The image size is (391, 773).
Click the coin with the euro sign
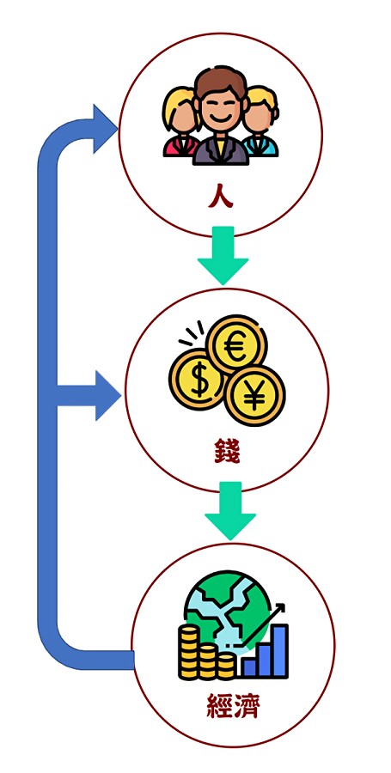(236, 344)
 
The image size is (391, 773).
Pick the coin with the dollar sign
(198, 380)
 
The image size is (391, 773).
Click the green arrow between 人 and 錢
(223, 255)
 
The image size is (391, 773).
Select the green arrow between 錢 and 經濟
(230, 510)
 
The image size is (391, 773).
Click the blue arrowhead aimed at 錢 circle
(107, 396)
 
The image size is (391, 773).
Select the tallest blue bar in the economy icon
(280, 651)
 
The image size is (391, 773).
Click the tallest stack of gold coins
(189, 652)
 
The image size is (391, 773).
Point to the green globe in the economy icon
(228, 612)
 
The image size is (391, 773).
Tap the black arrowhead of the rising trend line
(280, 608)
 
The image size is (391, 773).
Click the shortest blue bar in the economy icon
(249, 667)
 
